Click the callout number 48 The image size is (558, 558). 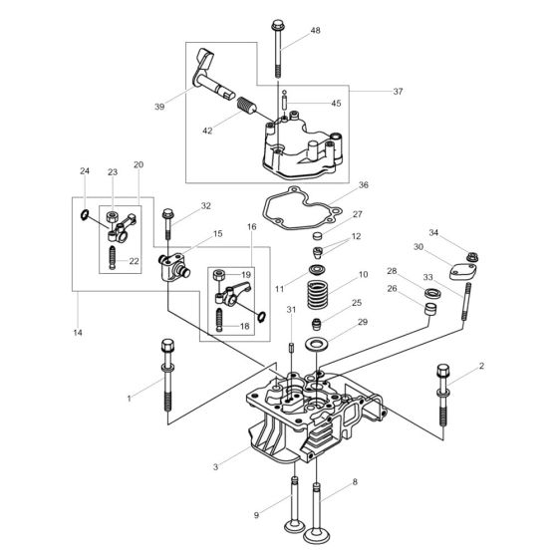coord(316,31)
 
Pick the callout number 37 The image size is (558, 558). coord(398,91)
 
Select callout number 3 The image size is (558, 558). coord(214,465)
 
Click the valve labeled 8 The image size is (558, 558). coord(319,508)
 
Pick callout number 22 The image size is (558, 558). coord(135,261)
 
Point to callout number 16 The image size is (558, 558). coord(253,227)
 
